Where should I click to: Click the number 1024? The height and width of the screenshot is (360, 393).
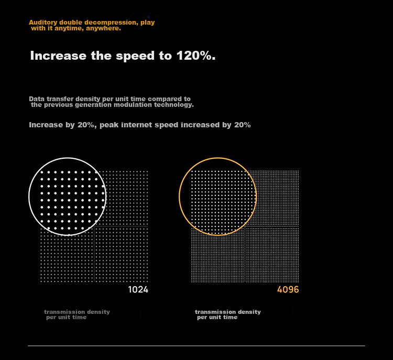click(x=138, y=290)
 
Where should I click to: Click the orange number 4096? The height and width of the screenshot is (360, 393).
click(x=288, y=290)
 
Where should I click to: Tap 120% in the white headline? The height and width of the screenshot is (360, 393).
click(x=196, y=56)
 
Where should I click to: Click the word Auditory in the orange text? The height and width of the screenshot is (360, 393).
click(x=43, y=23)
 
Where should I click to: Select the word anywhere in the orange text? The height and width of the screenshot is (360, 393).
click(x=103, y=28)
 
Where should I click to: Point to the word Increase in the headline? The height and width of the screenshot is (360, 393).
click(x=58, y=56)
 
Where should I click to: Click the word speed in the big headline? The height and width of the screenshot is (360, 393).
click(x=135, y=56)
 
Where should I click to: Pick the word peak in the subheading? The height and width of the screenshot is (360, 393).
click(x=109, y=125)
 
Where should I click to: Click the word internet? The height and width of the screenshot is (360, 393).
click(x=137, y=125)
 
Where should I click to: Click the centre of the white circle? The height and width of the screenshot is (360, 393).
click(x=68, y=197)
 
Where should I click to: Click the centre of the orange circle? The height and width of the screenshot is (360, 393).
click(x=218, y=197)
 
